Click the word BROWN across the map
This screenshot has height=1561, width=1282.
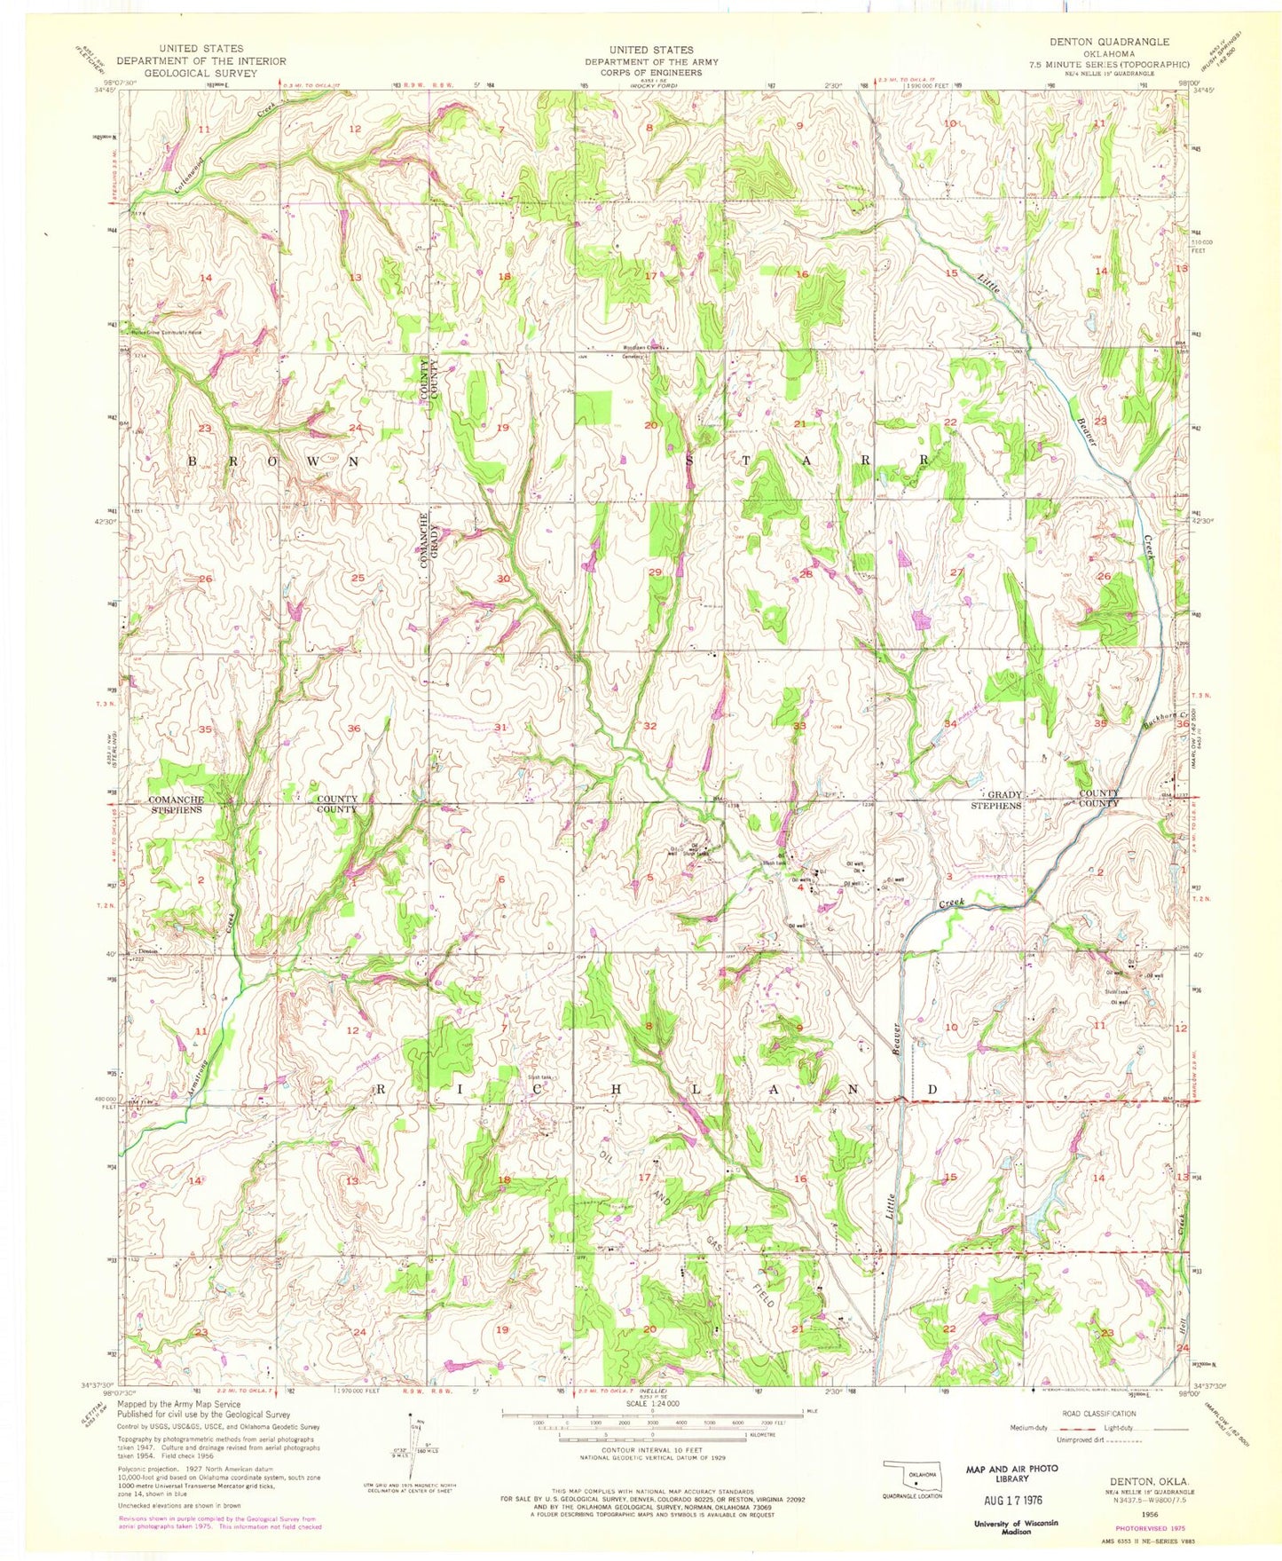[x=273, y=462]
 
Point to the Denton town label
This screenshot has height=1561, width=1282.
[x=146, y=950]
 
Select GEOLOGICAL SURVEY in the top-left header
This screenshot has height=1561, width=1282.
[x=201, y=73]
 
